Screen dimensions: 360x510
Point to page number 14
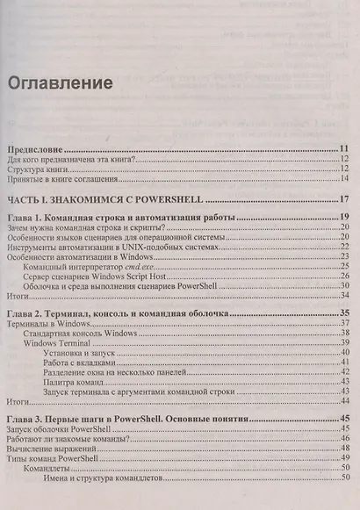point(345,181)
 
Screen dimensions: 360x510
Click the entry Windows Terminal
point(60,343)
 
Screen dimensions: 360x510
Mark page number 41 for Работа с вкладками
point(345,362)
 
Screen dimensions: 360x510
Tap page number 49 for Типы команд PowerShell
point(345,458)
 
